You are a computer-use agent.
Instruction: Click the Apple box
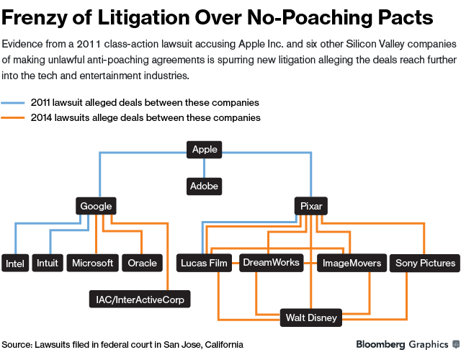click(205, 150)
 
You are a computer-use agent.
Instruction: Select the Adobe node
click(204, 186)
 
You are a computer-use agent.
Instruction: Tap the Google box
click(96, 206)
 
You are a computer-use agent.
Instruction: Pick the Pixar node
click(311, 206)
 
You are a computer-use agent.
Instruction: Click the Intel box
click(15, 264)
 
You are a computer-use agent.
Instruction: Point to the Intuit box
click(47, 263)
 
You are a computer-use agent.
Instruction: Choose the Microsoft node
click(93, 263)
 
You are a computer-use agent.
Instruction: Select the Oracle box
click(142, 263)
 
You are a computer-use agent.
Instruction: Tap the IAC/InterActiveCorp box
click(140, 298)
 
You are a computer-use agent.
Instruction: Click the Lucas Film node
click(204, 263)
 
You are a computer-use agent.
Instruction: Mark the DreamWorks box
click(271, 262)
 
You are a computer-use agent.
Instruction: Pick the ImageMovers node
click(352, 263)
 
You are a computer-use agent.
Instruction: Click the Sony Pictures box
click(426, 263)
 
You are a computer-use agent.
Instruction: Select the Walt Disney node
click(310, 317)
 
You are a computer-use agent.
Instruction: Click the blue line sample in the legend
click(14, 103)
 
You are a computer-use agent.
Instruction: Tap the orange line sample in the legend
click(14, 117)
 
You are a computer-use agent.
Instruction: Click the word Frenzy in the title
click(34, 16)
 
